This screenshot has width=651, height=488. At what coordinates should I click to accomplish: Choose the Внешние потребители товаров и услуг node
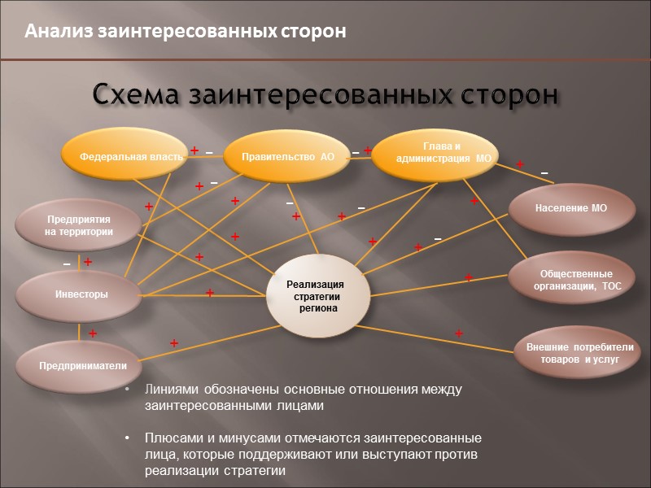point(579,352)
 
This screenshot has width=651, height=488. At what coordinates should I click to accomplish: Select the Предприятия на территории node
point(78,225)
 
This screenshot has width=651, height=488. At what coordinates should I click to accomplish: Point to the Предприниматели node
point(81,365)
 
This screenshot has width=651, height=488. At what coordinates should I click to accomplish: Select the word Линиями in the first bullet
point(168,390)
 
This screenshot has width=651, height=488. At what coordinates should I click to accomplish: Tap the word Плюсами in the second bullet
point(172,438)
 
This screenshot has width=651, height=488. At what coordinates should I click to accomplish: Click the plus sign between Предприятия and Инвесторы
point(88,262)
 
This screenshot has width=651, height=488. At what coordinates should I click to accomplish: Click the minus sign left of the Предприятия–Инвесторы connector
point(67,264)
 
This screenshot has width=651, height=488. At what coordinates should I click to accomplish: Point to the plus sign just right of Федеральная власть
point(194,150)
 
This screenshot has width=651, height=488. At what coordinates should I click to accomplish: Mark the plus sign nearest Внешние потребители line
point(459,333)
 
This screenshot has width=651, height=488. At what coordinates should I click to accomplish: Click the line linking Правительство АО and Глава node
point(358,159)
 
